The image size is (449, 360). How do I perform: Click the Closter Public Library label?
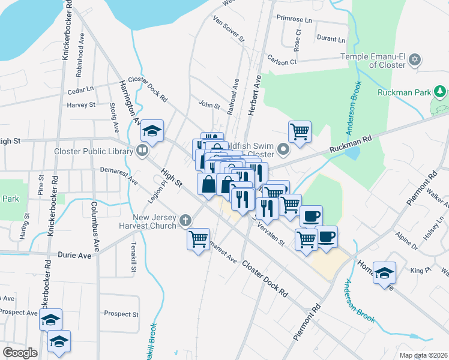point(93,151)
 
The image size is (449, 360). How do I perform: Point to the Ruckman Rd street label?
point(351,146)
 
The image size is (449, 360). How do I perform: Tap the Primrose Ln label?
point(295,19)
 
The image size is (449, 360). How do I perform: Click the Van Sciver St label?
point(229,29)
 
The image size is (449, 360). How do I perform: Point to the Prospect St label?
point(121,314)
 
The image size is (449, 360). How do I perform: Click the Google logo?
point(20,353)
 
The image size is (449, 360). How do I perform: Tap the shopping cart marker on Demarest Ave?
point(199,239)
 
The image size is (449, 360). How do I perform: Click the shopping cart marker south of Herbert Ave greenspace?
point(300,130)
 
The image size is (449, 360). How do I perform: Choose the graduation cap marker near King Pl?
point(384,272)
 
